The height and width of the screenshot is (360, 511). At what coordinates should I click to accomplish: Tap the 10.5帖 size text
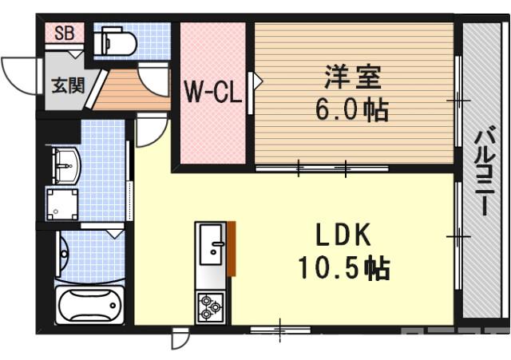[x=344, y=267]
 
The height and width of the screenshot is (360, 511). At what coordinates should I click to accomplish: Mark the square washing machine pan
[x=63, y=204]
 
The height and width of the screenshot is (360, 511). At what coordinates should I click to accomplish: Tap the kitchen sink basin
[x=212, y=244]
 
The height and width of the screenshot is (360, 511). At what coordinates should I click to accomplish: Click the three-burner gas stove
[x=211, y=307]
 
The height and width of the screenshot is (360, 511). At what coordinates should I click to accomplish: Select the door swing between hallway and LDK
[x=149, y=132]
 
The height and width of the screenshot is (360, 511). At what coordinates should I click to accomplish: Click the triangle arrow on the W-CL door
[x=257, y=81]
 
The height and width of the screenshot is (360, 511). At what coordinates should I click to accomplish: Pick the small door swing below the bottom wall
[x=180, y=339]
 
